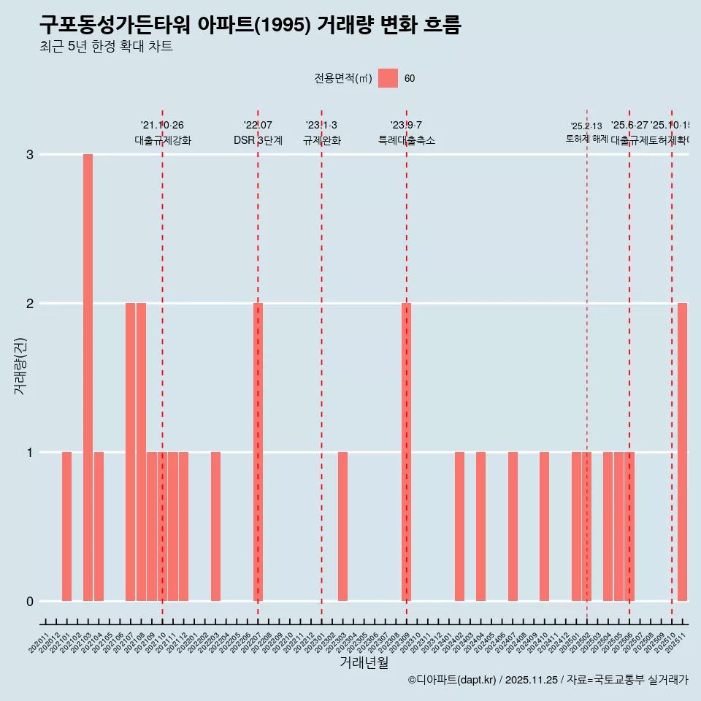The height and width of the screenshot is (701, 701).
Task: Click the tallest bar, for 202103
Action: point(88,378)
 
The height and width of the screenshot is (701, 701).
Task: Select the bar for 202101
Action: point(66,526)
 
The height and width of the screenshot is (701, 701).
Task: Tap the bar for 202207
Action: point(258,452)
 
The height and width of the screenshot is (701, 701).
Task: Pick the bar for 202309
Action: point(407,452)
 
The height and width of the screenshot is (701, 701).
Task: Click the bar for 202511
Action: point(682,452)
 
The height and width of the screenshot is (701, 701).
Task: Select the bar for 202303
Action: point(342,526)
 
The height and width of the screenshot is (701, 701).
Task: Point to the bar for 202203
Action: point(215,526)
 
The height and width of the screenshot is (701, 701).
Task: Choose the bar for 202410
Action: point(544,526)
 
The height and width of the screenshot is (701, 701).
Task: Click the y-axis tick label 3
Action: point(30,155)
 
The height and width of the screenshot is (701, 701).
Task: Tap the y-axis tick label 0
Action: point(30,602)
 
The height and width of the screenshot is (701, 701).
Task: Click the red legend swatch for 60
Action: point(388,78)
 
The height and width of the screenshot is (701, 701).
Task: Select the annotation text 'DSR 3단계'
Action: point(258,140)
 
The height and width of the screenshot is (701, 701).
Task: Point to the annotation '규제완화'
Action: point(321,140)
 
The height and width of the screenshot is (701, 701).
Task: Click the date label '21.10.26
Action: point(162,126)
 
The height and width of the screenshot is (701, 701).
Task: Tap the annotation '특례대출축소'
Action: point(407,140)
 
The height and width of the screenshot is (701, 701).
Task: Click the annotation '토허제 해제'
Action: point(586,139)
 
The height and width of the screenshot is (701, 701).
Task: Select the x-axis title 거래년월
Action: point(364,662)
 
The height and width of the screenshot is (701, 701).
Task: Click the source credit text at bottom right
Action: point(548,680)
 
